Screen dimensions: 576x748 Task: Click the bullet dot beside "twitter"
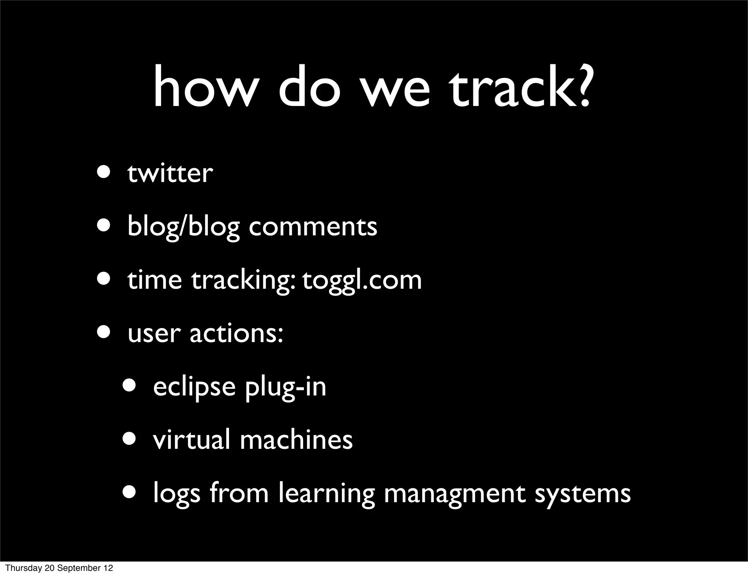tap(104, 172)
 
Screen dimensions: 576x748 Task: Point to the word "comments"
tap(313, 227)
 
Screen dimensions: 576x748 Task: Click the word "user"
tap(154, 334)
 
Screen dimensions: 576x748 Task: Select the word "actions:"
tap(236, 333)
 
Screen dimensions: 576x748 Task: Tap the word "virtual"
tap(192, 439)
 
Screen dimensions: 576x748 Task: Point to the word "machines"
tap(296, 439)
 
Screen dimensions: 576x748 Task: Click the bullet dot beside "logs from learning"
tap(130, 492)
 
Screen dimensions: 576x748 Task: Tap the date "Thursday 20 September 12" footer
tap(59, 568)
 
